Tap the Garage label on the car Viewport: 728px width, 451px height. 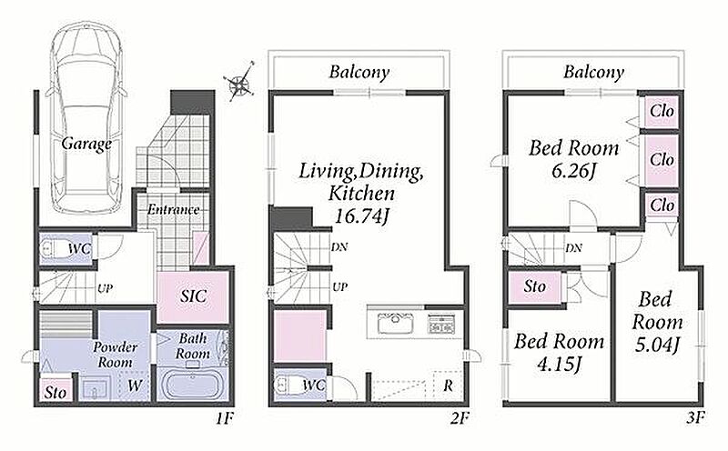click(x=86, y=144)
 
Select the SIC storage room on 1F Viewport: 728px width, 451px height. click(x=193, y=296)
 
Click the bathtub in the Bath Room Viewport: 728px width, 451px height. click(x=192, y=384)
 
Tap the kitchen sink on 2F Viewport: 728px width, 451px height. click(x=395, y=323)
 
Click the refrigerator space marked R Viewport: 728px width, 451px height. click(x=448, y=386)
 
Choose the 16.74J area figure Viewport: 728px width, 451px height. click(x=361, y=216)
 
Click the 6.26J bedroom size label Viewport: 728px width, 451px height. click(x=573, y=171)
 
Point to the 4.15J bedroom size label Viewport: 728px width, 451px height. click(x=559, y=364)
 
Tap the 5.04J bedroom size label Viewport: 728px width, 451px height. click(x=657, y=345)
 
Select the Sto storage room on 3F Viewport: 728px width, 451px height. click(x=535, y=286)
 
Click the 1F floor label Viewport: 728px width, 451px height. click(x=224, y=419)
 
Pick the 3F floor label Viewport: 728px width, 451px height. click(x=695, y=418)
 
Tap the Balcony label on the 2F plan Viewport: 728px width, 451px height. click(x=359, y=72)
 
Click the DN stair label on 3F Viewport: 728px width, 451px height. click(x=573, y=248)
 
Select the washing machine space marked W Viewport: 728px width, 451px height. click(x=134, y=385)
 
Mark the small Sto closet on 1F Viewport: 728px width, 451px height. click(x=56, y=393)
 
